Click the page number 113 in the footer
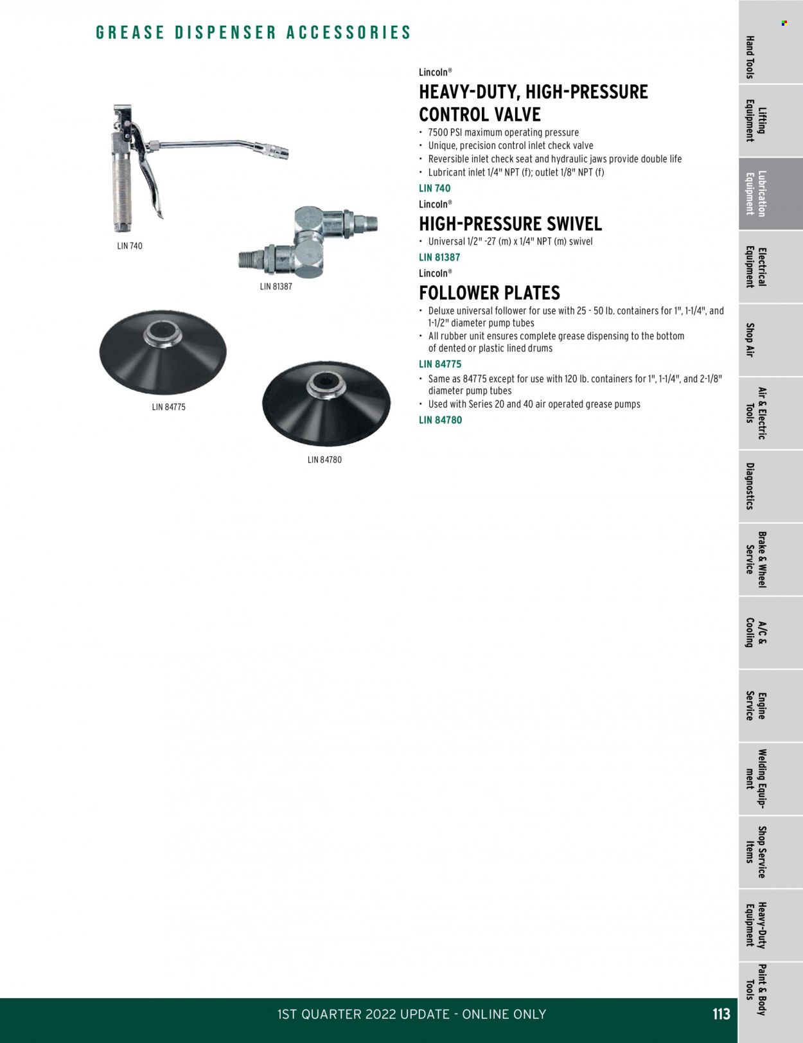click(x=721, y=1014)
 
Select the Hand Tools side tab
click(x=755, y=57)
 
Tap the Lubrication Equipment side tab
click(x=755, y=193)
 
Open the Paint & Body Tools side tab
click(x=755, y=990)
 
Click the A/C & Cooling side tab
click(x=755, y=633)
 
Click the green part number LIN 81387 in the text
click(x=439, y=257)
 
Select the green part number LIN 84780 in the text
click(x=440, y=420)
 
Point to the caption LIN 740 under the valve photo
click(x=130, y=246)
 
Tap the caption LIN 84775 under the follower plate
click(x=168, y=407)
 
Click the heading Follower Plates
click(x=490, y=293)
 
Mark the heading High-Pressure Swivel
click(x=510, y=224)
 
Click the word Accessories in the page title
click(x=348, y=33)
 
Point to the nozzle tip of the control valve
click(x=280, y=154)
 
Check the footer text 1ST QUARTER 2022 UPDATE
click(x=364, y=1014)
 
